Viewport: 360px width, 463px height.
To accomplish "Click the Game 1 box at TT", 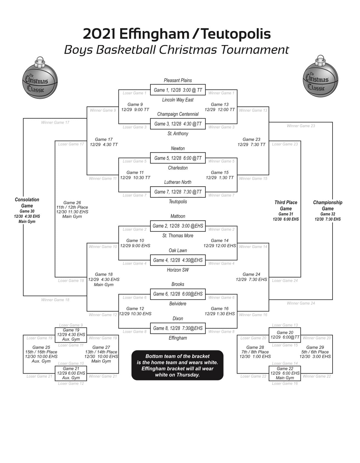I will (x=178, y=90).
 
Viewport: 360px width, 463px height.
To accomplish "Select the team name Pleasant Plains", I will (x=178, y=80).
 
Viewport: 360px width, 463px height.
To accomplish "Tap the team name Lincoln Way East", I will (x=178, y=100).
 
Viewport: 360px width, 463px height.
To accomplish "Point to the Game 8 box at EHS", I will (x=178, y=328).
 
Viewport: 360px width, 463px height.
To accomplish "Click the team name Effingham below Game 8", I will (x=178, y=338).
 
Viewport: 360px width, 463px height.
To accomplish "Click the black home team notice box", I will (x=178, y=365).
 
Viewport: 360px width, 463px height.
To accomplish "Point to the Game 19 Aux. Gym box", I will (x=71, y=335).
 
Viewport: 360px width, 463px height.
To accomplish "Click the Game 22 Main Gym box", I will (x=285, y=373).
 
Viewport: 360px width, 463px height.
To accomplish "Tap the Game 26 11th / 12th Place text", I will (x=72, y=209).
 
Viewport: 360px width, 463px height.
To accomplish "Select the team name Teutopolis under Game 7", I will (x=178, y=202).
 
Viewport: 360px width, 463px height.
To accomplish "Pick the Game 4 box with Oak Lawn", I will (x=178, y=260).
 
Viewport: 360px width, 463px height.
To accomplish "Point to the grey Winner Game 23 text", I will (x=301, y=126).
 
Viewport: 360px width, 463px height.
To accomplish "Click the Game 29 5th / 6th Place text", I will (x=315, y=352).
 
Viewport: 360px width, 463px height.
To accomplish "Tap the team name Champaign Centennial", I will (x=178, y=114).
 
